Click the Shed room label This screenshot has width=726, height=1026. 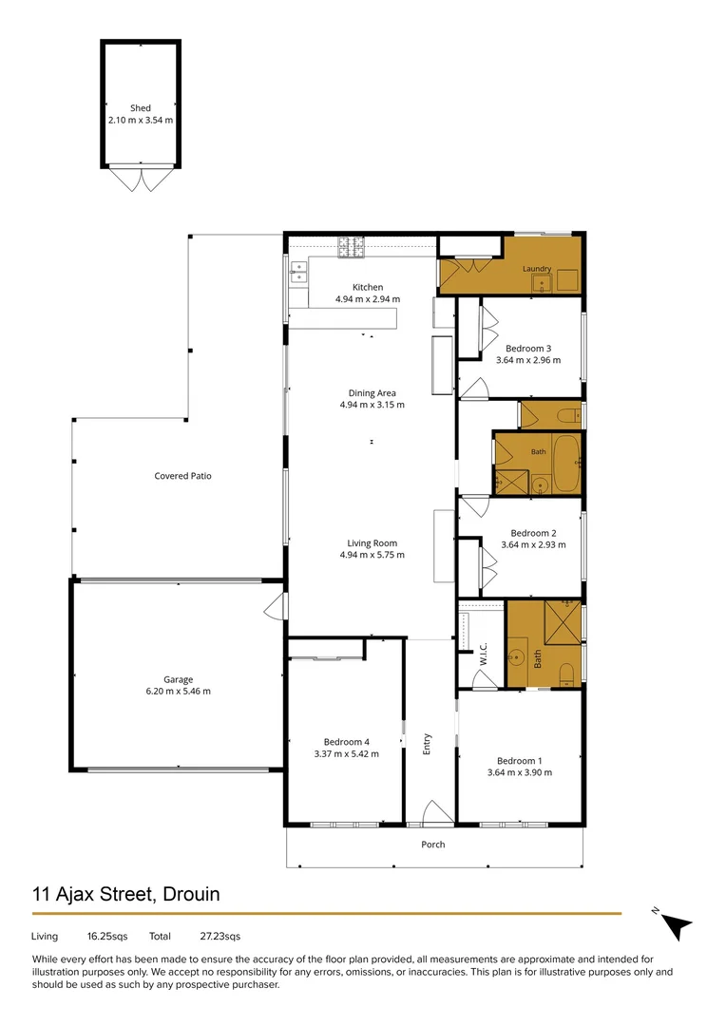pyautogui.click(x=140, y=108)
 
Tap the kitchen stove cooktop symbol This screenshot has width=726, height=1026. pyautogui.click(x=351, y=247)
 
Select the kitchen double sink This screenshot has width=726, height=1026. pyautogui.click(x=298, y=272)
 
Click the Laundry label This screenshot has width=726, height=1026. pyautogui.click(x=537, y=268)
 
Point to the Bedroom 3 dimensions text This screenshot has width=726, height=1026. pyautogui.click(x=528, y=360)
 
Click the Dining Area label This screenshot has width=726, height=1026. pyautogui.click(x=372, y=393)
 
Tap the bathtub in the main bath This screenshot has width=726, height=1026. pyautogui.click(x=566, y=464)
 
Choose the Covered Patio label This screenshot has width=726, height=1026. pyautogui.click(x=182, y=476)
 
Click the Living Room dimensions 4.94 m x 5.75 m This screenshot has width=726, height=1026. pyautogui.click(x=372, y=555)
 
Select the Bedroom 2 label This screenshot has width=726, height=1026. pyautogui.click(x=533, y=533)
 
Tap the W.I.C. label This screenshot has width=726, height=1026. pyautogui.click(x=483, y=654)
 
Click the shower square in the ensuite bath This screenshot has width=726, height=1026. pyautogui.click(x=563, y=621)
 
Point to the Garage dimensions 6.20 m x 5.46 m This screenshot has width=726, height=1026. pyautogui.click(x=178, y=691)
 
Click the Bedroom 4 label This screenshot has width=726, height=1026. pyautogui.click(x=346, y=742)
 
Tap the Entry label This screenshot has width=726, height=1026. pyautogui.click(x=427, y=744)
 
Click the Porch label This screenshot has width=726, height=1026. pyautogui.click(x=432, y=845)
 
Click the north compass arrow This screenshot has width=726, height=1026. pyautogui.click(x=676, y=925)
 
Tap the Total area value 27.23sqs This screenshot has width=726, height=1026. pyautogui.click(x=220, y=937)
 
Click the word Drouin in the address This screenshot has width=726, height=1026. pyautogui.click(x=191, y=894)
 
